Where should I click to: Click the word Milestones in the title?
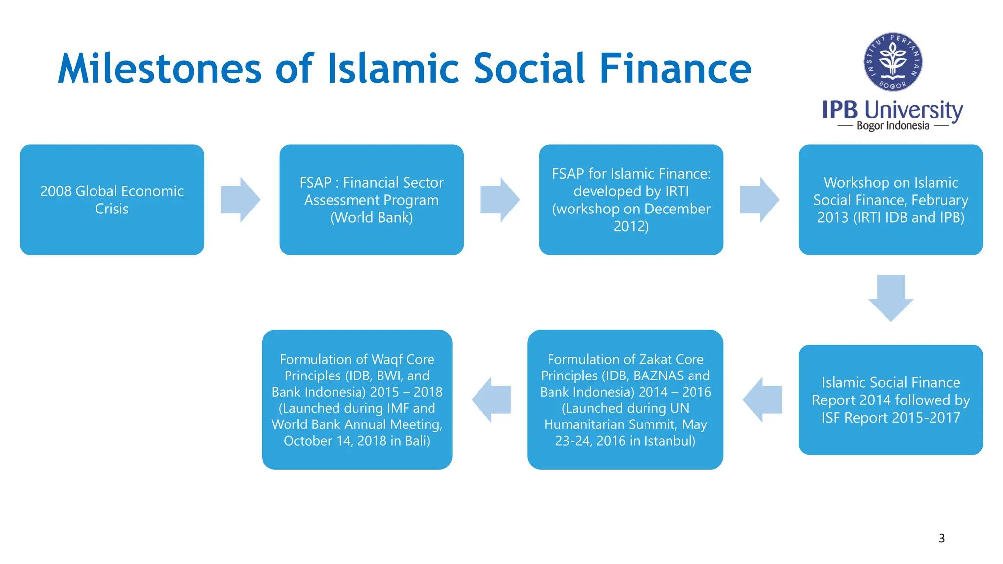pos(160,69)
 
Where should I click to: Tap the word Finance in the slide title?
pos(675,69)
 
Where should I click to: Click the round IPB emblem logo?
pos(893,62)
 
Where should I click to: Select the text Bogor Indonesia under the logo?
pos(892,126)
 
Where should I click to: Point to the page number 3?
pos(941,539)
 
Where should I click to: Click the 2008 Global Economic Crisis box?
pos(112,200)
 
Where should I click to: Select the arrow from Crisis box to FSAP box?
pos(240,200)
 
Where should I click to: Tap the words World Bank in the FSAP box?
pos(372,217)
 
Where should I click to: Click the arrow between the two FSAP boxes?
pos(500,200)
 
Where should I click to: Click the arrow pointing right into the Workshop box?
pos(759,200)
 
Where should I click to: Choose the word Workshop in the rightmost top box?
pos(850,183)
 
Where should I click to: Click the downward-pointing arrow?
pos(890,297)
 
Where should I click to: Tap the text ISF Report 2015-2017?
pos(890,418)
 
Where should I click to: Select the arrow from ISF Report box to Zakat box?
pos(763,399)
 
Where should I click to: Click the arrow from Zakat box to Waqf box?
pos(491,399)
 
